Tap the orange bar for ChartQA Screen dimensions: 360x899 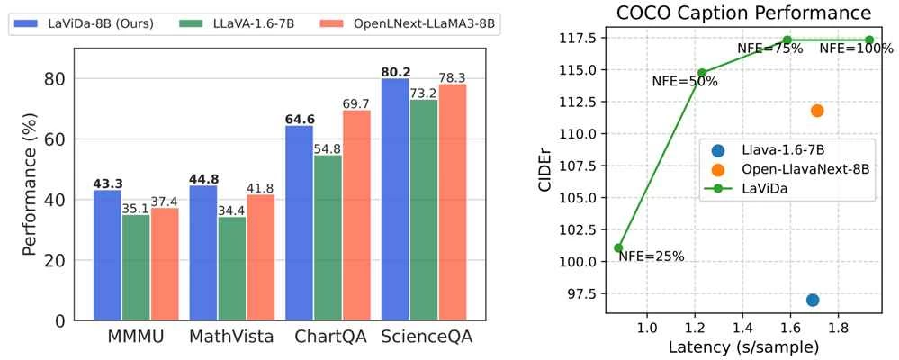click(355, 215)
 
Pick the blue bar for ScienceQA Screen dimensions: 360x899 click(394, 199)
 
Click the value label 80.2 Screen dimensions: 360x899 click(394, 71)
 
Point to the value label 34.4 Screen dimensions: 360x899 click(233, 210)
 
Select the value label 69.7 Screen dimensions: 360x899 click(356, 104)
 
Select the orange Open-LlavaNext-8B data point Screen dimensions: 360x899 click(817, 111)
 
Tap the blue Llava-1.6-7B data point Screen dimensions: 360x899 click(813, 300)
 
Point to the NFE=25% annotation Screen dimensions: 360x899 click(651, 256)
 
